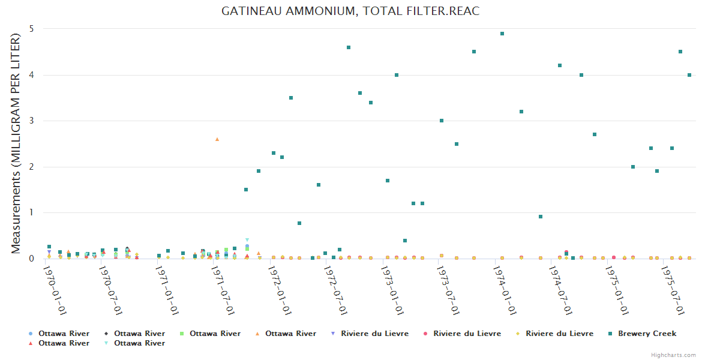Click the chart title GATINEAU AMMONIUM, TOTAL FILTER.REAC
click(x=350, y=11)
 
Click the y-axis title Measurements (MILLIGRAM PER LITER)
click(x=16, y=143)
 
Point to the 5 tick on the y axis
click(x=31, y=29)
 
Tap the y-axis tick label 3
click(x=31, y=121)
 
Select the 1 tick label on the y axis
click(x=31, y=213)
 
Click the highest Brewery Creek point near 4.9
click(x=502, y=34)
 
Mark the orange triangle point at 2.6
click(x=217, y=139)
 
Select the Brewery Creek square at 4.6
click(x=349, y=47)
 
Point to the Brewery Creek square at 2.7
click(x=595, y=134)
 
